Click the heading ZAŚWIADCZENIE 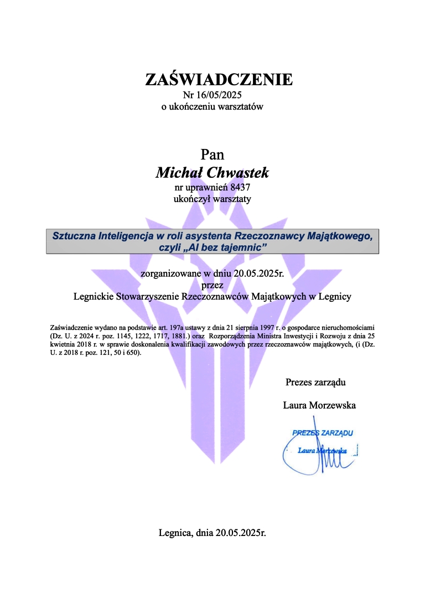219,79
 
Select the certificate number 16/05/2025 220,95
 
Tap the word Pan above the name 212,154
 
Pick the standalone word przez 212,285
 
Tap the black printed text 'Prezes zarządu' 316,382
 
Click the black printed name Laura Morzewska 319,405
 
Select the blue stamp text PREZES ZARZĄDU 323,433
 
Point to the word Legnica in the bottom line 175,534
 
